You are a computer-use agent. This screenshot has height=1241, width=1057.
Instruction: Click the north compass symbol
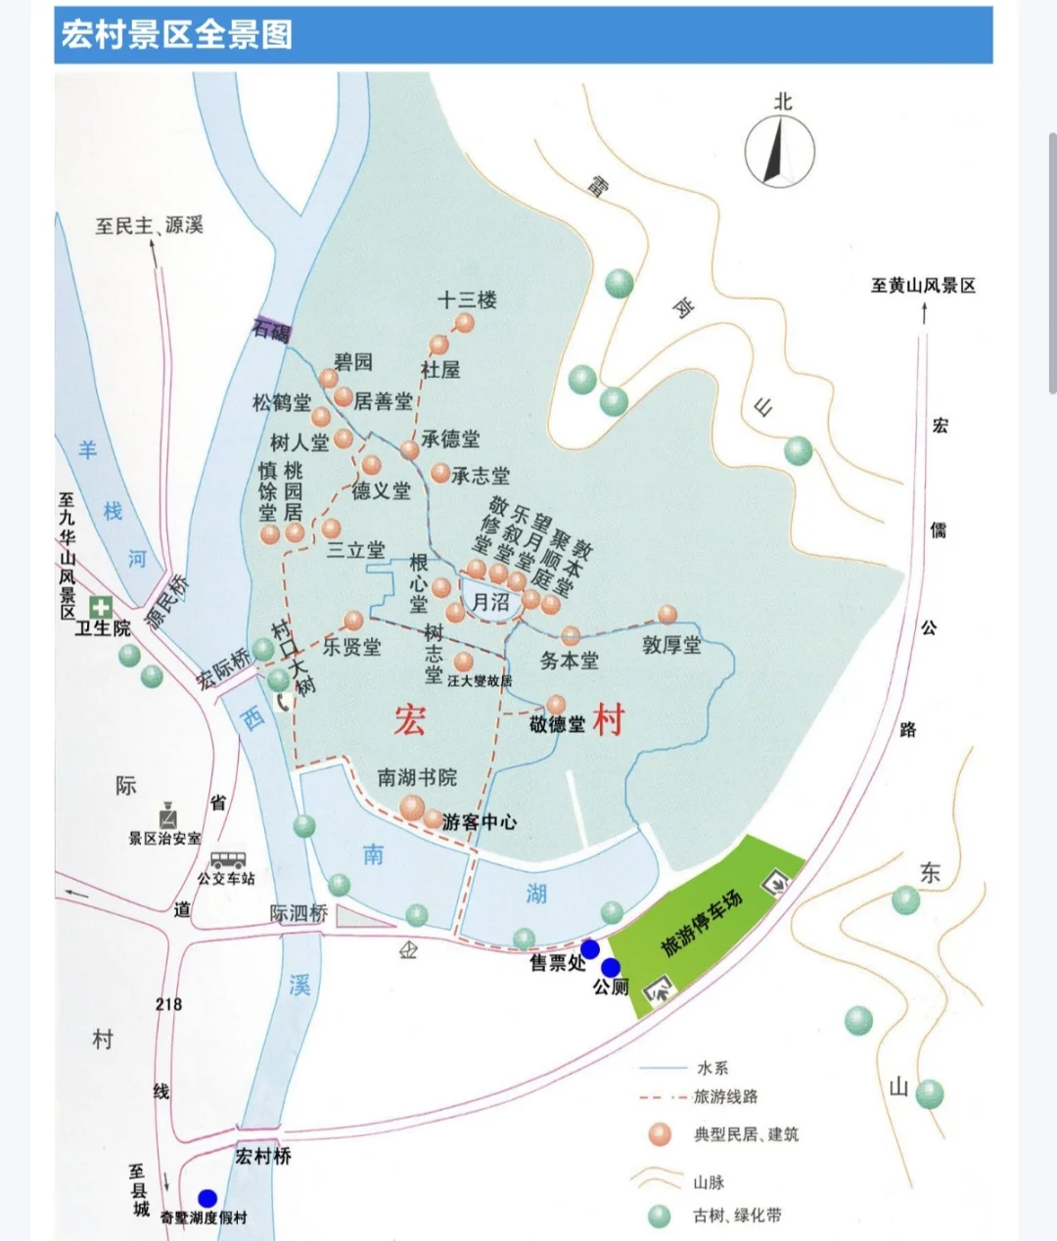click(780, 152)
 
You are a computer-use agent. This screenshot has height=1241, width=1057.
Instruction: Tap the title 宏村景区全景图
click(177, 35)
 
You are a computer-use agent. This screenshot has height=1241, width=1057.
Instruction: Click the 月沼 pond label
click(490, 601)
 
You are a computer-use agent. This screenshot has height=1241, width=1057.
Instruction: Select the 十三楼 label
click(467, 299)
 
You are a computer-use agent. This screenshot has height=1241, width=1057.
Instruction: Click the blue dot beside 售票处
click(590, 948)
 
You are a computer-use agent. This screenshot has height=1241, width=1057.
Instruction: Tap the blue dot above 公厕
click(611, 968)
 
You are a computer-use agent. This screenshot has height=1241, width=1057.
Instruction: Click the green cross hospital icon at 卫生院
click(101, 607)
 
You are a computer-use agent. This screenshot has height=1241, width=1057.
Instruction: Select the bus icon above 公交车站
click(227, 860)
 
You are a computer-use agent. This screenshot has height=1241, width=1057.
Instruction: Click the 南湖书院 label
click(417, 778)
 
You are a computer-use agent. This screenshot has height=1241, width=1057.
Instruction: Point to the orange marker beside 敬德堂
click(556, 704)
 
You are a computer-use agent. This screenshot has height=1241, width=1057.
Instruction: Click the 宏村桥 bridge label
click(263, 1156)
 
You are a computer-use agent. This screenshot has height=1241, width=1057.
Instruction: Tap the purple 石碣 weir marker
click(271, 330)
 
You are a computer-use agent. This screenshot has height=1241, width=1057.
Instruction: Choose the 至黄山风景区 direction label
click(923, 286)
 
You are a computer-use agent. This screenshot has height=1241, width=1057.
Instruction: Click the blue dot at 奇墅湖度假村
click(207, 1198)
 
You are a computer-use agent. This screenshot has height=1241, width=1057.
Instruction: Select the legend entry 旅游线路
click(725, 1097)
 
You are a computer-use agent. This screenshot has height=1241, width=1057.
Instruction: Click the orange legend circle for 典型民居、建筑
click(661, 1134)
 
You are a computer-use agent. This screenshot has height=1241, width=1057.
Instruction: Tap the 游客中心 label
click(480, 822)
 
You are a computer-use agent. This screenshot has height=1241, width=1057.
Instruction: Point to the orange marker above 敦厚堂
click(667, 615)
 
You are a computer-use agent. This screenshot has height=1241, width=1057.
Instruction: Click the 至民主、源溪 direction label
click(149, 226)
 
